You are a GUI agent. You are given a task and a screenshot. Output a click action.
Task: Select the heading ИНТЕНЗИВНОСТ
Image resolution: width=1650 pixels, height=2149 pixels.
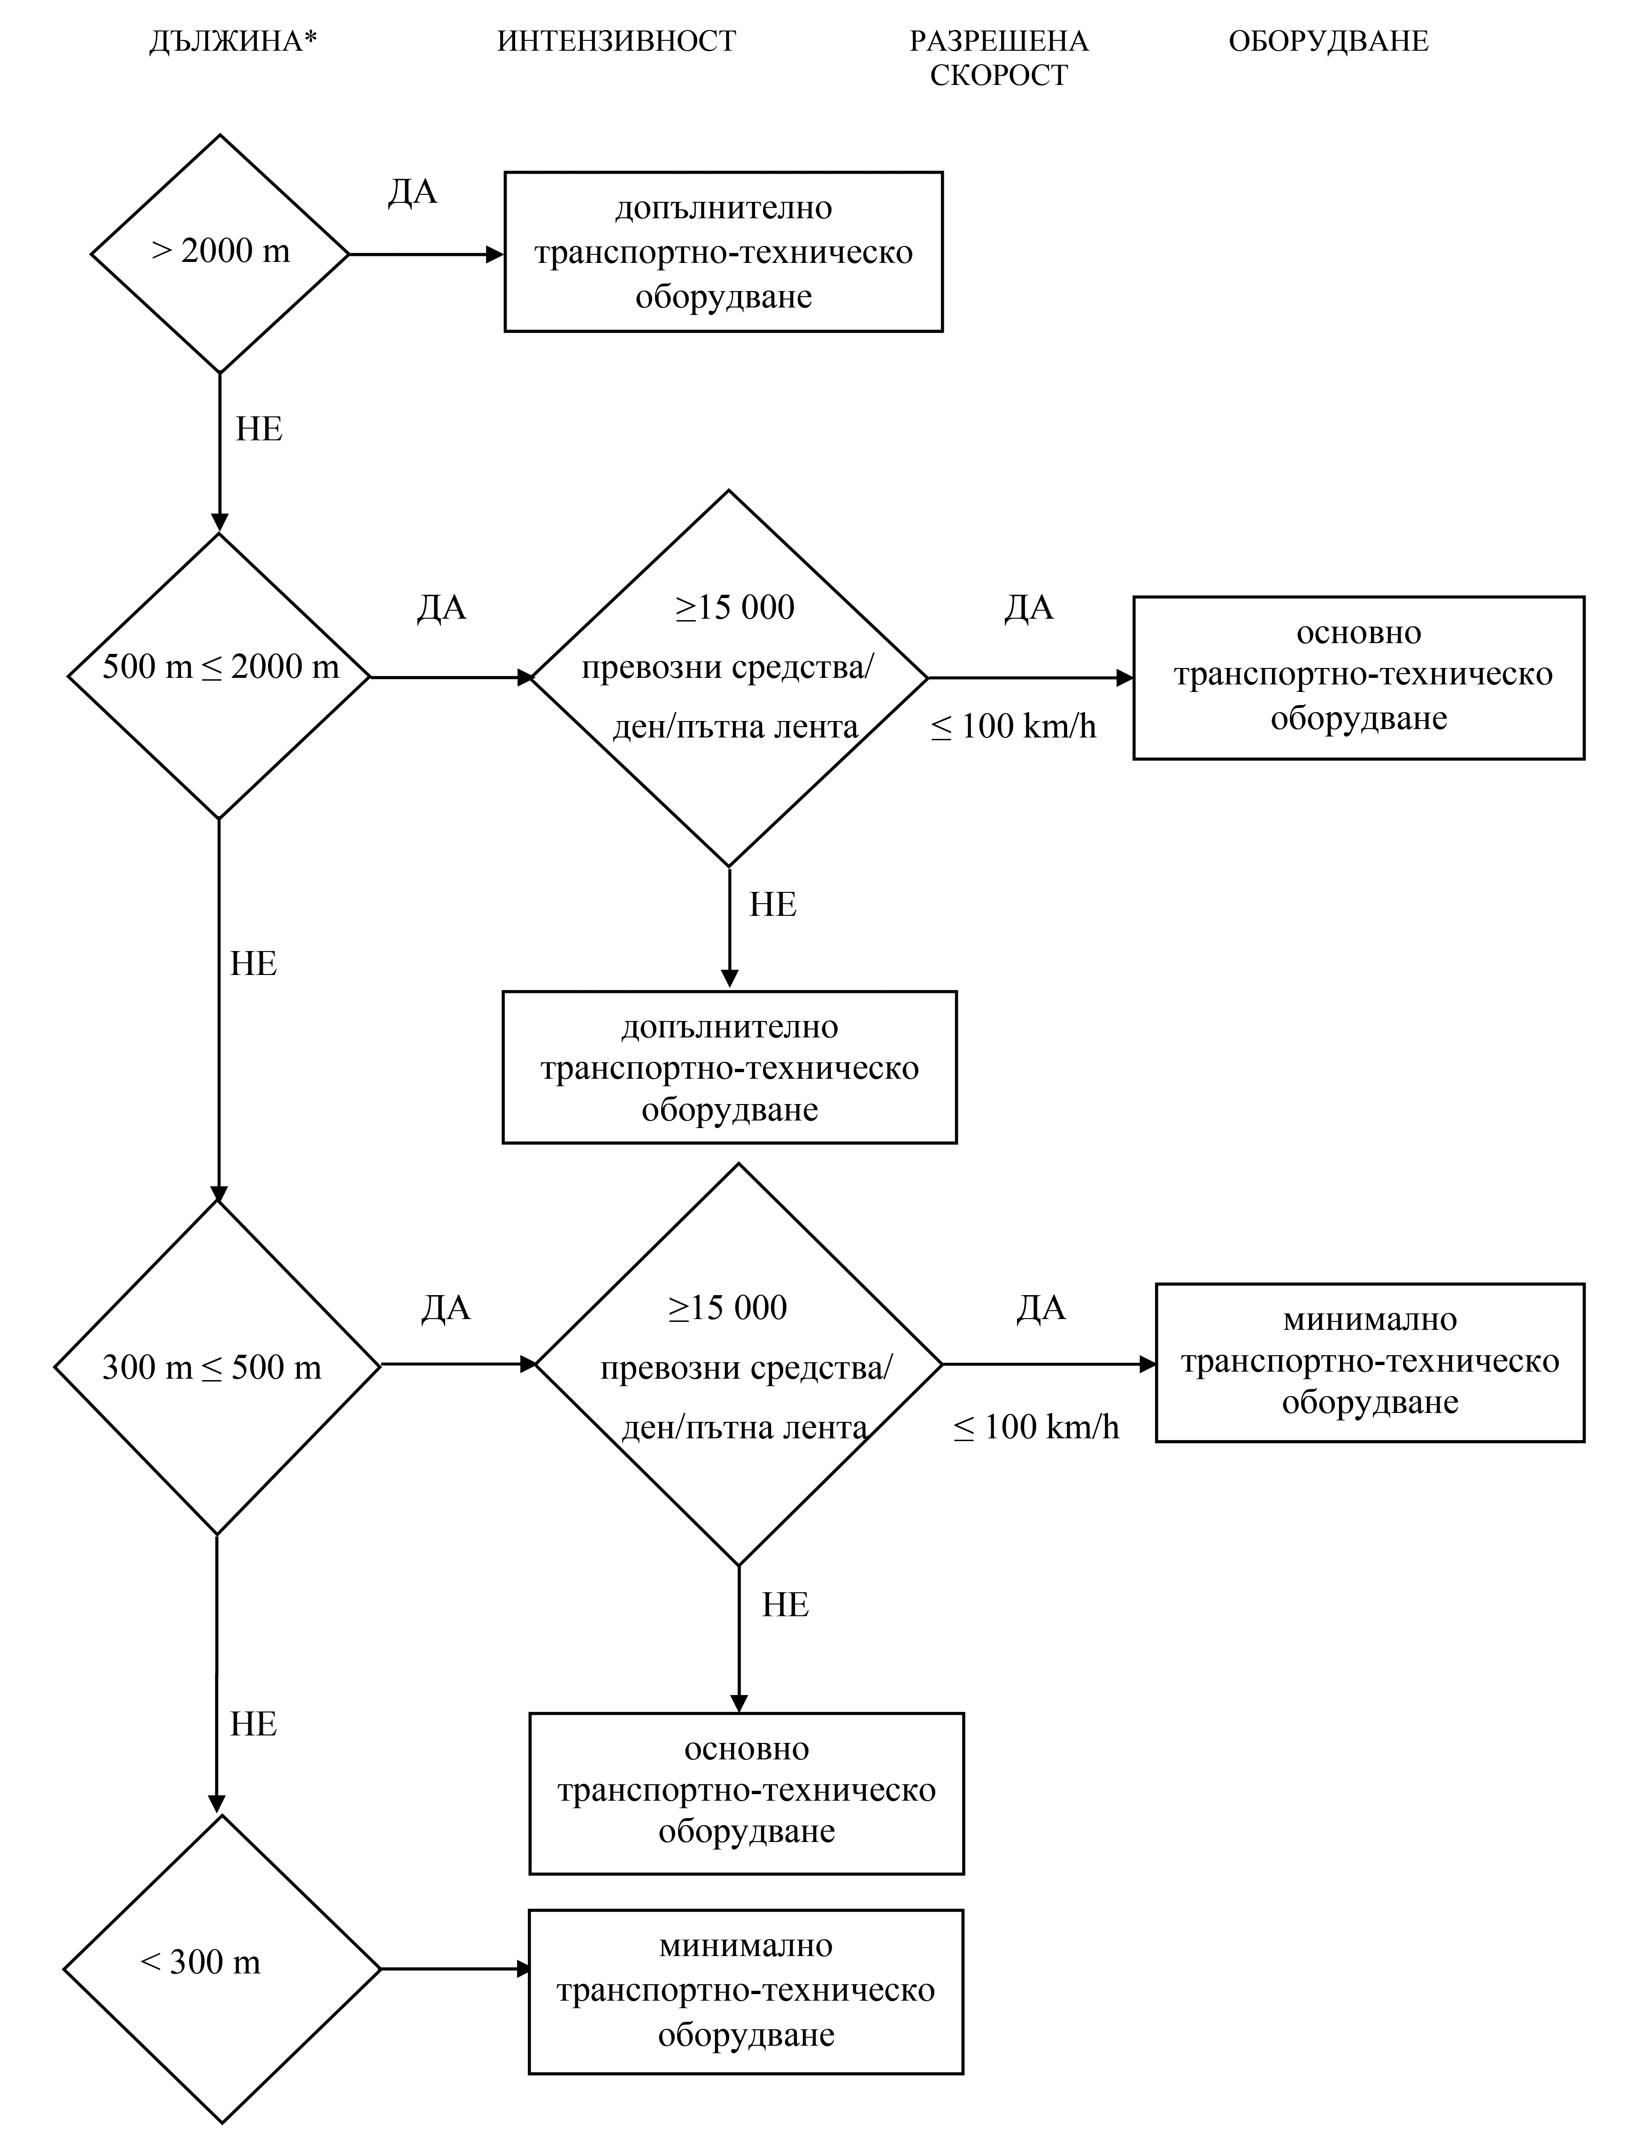[617, 41]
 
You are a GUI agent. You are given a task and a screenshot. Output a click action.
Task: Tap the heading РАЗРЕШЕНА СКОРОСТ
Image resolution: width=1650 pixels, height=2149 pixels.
[999, 58]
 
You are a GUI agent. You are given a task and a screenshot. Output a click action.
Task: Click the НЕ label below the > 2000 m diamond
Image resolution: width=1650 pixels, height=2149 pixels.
[259, 429]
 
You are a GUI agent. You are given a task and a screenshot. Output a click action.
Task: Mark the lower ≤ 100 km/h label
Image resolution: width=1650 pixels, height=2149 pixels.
[1036, 1428]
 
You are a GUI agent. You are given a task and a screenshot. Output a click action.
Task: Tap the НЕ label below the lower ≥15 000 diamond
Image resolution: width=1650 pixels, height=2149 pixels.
[786, 1605]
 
